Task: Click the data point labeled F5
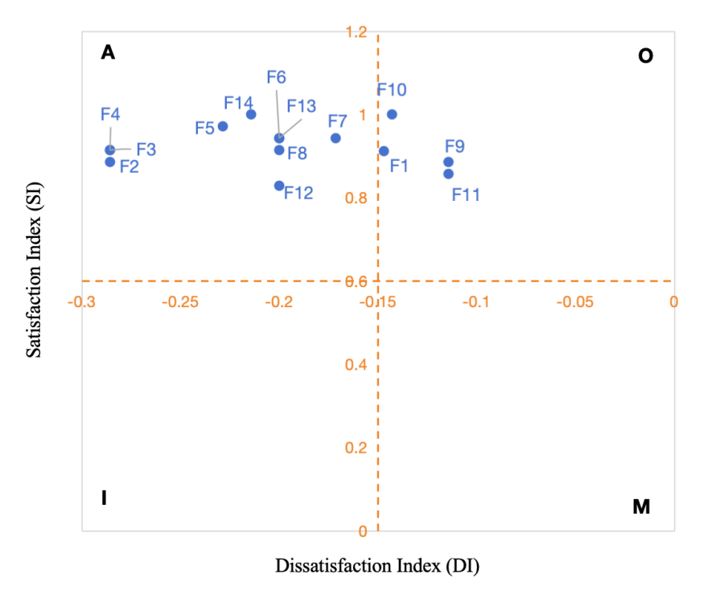(223, 126)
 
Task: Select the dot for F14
(251, 114)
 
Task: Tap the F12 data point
(279, 186)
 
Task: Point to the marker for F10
(392, 114)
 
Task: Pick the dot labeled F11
(448, 174)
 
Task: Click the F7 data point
(335, 138)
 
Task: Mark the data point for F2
(110, 162)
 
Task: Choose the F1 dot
(384, 151)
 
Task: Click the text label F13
(301, 106)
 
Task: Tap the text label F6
(276, 77)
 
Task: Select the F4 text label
(110, 114)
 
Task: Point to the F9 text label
(455, 146)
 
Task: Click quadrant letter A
(109, 53)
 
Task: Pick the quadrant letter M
(641, 507)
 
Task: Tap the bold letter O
(645, 56)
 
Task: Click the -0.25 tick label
(179, 302)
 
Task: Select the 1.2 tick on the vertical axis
(356, 32)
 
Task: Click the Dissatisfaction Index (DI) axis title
(377, 566)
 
